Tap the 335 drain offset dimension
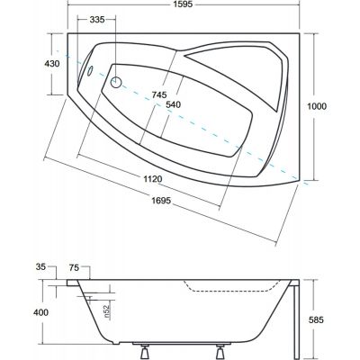tap(97, 20)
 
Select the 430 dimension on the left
tap(52, 64)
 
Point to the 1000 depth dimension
tap(317, 106)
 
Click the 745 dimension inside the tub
tap(158, 95)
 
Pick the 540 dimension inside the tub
tap(173, 104)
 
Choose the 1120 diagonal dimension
tap(152, 179)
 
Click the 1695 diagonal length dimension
tap(161, 200)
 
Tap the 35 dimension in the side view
tap(40, 266)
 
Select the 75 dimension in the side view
tap(74, 267)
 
